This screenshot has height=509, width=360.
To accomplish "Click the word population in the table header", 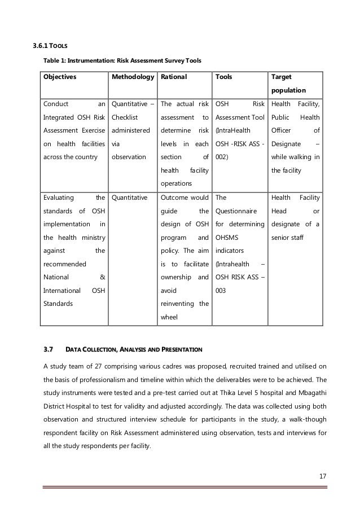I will pos(289,90).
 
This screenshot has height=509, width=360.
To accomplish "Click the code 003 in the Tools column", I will pos(222,291).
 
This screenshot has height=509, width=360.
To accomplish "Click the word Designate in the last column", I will pos(288,144).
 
